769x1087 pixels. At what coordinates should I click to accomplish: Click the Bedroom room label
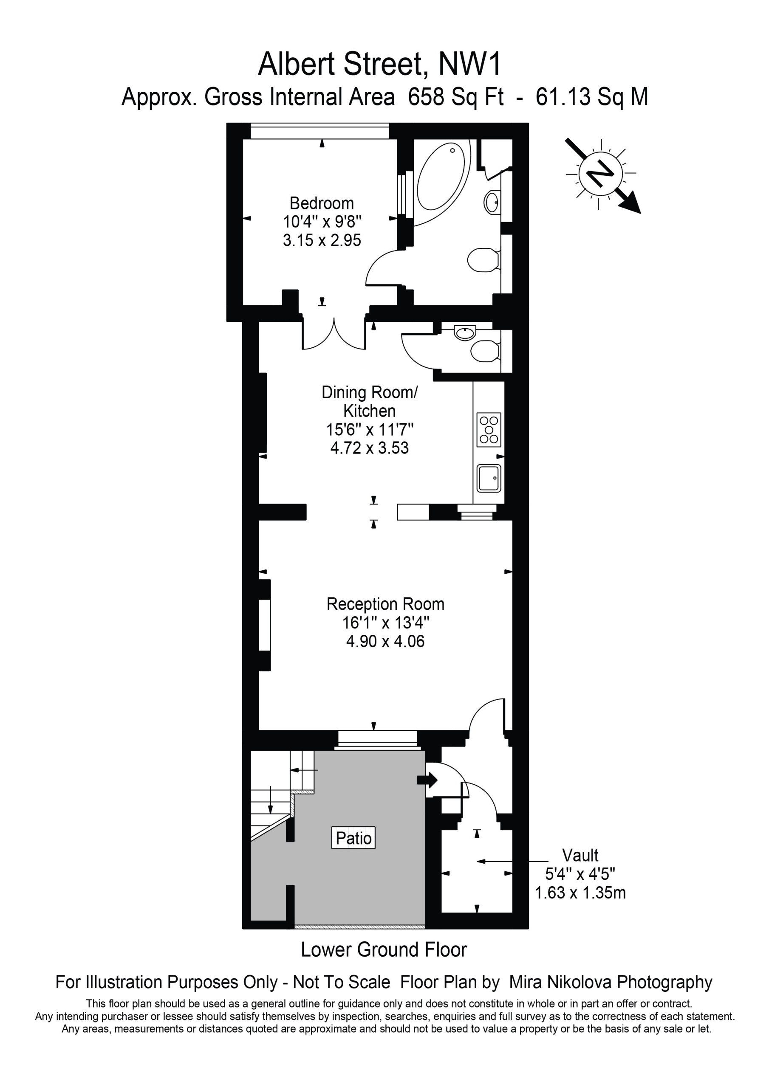322,203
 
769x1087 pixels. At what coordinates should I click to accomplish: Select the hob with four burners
489,429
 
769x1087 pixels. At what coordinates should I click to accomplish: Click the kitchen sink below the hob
489,478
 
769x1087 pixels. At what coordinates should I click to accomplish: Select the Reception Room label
385,604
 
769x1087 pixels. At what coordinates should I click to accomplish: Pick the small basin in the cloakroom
465,333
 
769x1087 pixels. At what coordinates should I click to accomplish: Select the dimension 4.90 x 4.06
385,641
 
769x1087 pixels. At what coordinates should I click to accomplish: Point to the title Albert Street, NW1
379,64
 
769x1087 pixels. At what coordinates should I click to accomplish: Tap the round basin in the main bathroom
491,203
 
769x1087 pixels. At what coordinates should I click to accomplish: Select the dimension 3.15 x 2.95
322,240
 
